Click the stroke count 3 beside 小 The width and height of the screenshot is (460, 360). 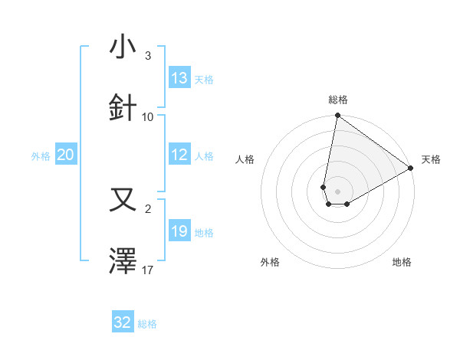click(x=148, y=56)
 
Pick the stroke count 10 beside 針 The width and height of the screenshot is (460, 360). click(x=148, y=117)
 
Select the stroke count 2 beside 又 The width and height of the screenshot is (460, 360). click(x=148, y=209)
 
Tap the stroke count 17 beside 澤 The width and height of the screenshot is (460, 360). click(x=148, y=270)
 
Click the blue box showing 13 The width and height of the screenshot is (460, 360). click(x=179, y=78)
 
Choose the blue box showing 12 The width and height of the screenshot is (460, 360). click(x=179, y=155)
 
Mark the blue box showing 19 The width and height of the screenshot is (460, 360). click(x=179, y=231)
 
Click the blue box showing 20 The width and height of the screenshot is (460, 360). click(x=66, y=155)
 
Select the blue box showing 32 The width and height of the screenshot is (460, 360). click(x=123, y=322)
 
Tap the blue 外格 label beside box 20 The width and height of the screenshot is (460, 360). click(x=41, y=156)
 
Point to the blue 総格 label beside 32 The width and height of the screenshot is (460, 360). click(x=148, y=324)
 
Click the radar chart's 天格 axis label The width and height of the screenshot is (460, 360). click(x=431, y=159)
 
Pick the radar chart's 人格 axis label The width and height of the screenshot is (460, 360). click(x=245, y=159)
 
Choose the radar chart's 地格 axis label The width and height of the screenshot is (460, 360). click(x=402, y=262)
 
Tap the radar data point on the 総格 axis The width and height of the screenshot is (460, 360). click(x=337, y=116)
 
